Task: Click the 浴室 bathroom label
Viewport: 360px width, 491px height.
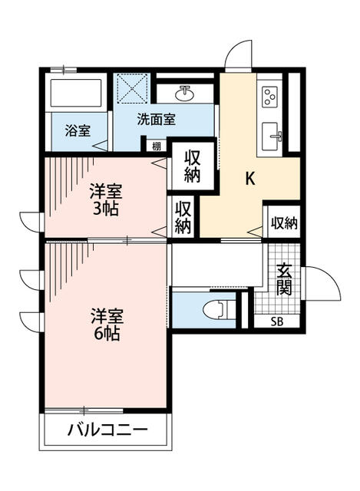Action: click(78, 130)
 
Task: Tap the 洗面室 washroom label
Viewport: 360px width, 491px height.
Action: click(157, 120)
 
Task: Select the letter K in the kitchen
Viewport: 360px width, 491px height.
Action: click(249, 179)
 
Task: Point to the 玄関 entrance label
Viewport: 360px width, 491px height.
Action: click(284, 280)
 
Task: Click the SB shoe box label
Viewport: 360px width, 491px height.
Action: click(277, 321)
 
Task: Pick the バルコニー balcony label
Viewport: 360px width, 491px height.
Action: click(107, 430)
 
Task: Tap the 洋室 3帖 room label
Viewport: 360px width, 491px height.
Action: click(106, 200)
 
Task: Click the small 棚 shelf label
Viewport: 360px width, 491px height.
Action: click(157, 147)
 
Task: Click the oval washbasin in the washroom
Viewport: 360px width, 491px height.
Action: click(184, 94)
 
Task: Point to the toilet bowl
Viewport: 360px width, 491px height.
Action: click(215, 310)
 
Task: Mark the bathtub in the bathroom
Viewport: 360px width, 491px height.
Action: click(75, 93)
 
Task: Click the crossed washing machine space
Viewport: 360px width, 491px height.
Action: click(131, 88)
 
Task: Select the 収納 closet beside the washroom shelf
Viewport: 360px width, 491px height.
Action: click(193, 166)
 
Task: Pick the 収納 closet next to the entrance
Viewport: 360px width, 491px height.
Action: click(283, 222)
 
